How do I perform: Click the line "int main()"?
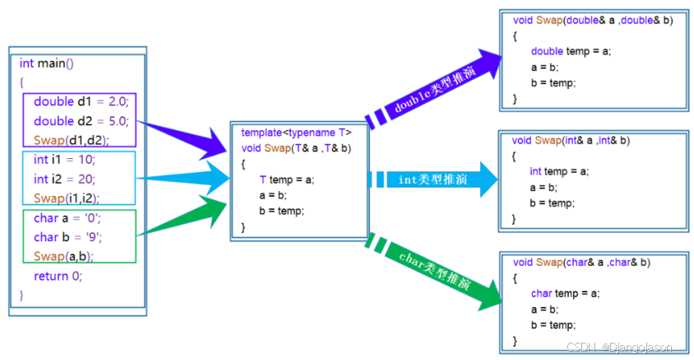coord(47,63)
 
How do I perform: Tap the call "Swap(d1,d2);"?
coord(72,140)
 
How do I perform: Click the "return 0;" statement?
coord(58,276)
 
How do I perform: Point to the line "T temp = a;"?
coord(286,180)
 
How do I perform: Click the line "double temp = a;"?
coord(571,51)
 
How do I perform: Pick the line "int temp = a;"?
coord(559,171)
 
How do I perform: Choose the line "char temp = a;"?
coord(565,292)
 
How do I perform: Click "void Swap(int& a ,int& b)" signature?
coord(571,141)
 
